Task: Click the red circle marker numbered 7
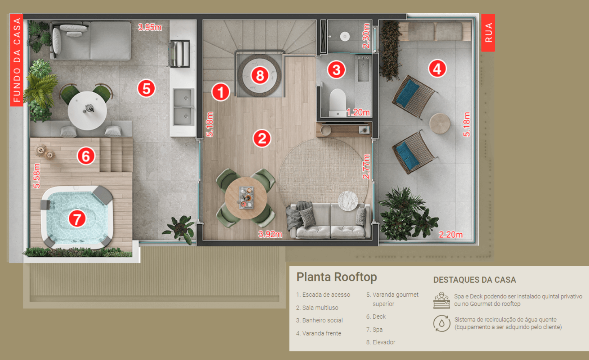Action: (x=77, y=219)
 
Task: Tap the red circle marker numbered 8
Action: (x=260, y=76)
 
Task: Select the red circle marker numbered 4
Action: (x=437, y=68)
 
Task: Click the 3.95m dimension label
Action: (x=150, y=27)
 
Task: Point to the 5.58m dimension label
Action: (x=37, y=176)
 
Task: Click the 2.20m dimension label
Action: (x=450, y=235)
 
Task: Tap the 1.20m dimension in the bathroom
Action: (x=358, y=112)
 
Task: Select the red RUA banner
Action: (x=488, y=33)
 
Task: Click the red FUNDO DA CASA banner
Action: (x=17, y=60)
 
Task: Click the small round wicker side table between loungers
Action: (x=439, y=123)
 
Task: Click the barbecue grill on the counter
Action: (x=180, y=54)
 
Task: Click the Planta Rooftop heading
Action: (x=336, y=277)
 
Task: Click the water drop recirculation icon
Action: (x=441, y=323)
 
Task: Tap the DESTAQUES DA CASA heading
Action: (x=474, y=280)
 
